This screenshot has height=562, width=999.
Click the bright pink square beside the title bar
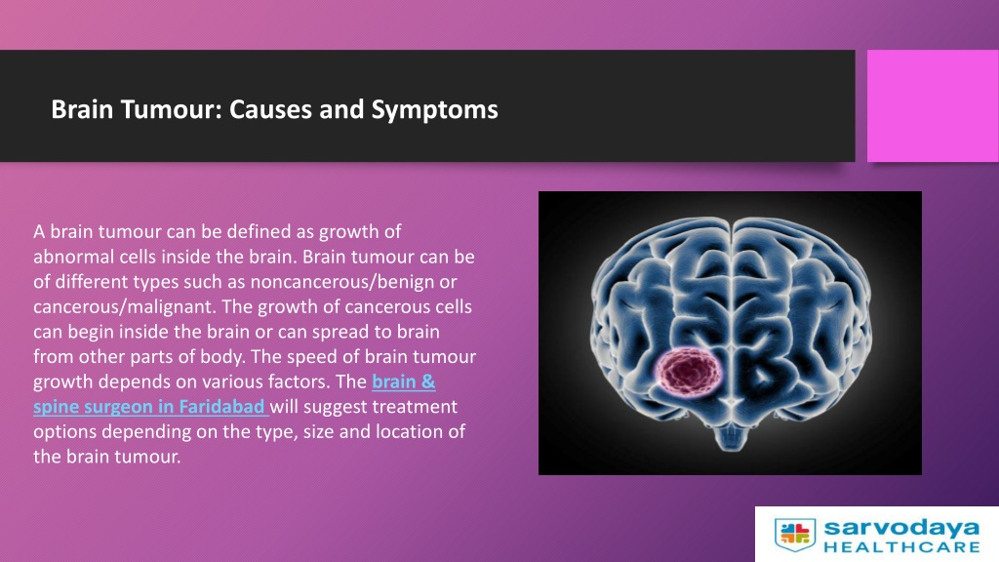tap(933, 105)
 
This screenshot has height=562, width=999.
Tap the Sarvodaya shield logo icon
tap(795, 534)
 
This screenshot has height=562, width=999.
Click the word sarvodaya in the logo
tap(901, 528)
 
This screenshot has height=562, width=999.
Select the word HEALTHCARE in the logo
tap(901, 546)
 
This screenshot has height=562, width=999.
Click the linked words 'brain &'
tap(403, 381)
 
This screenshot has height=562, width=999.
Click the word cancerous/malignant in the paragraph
tap(119, 307)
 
